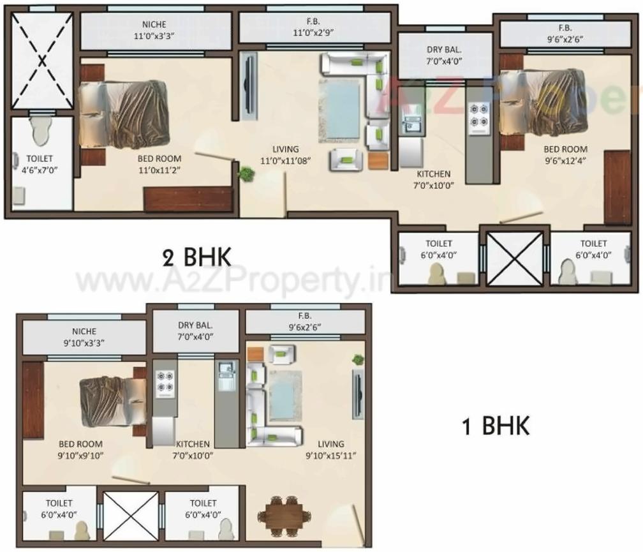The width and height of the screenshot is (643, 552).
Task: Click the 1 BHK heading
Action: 496,426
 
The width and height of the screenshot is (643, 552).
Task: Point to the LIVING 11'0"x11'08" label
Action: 285,156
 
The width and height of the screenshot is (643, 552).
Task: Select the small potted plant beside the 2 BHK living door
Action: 244,172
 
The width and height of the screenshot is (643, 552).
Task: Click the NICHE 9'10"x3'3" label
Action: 84,337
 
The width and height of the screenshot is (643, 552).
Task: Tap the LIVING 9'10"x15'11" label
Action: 330,449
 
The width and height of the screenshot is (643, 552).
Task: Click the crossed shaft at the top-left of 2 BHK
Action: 43,61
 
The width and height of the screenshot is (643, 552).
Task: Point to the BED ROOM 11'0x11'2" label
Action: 159,164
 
